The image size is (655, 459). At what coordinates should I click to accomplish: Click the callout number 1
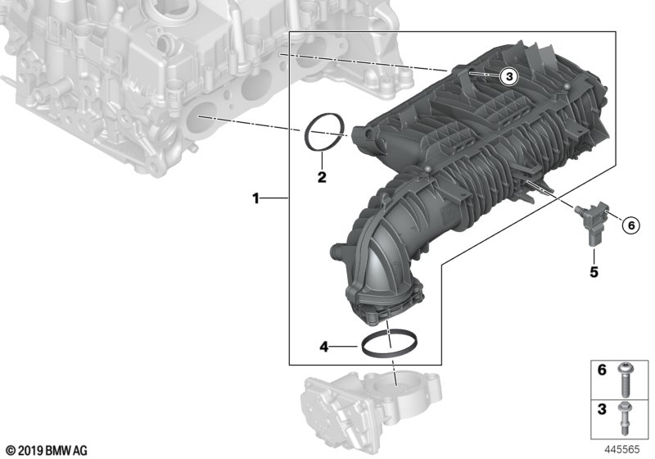255,198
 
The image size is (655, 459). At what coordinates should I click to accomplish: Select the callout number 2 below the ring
322,177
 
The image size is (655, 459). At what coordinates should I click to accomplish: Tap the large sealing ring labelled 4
387,344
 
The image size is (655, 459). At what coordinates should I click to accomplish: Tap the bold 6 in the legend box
602,371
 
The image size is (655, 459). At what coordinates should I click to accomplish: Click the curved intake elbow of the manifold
385,254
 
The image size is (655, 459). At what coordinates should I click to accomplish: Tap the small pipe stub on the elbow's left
336,251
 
